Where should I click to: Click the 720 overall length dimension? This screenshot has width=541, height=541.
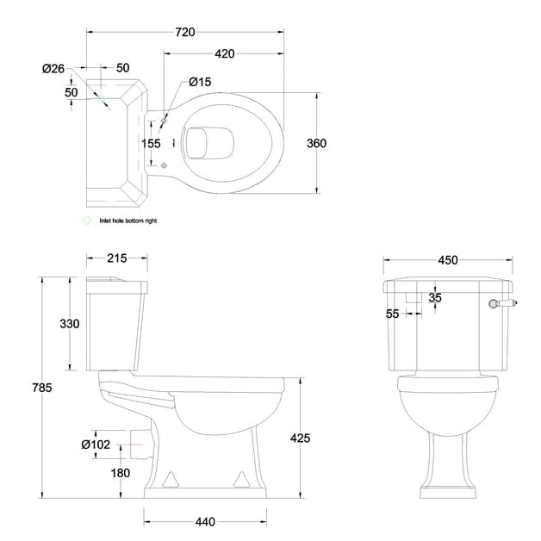(x=185, y=32)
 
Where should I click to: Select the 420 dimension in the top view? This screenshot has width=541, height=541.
(x=225, y=53)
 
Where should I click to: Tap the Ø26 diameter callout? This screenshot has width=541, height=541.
(x=53, y=68)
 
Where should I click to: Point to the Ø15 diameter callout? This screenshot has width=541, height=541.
(x=200, y=82)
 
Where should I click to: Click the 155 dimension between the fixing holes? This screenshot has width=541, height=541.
(x=151, y=144)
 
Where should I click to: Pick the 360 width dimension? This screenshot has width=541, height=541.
(x=316, y=143)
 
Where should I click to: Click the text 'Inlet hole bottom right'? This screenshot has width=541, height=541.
(x=128, y=221)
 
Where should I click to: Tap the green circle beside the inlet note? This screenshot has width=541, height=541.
(x=85, y=221)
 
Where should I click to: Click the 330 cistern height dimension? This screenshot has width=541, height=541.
(x=70, y=324)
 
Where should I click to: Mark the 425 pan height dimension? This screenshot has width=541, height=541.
(x=300, y=438)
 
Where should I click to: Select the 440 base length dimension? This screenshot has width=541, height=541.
(x=205, y=521)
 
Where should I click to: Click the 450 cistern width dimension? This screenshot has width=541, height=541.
(x=448, y=260)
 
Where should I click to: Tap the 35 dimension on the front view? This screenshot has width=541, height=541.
(x=434, y=298)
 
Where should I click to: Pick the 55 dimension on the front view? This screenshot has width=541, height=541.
(x=393, y=314)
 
